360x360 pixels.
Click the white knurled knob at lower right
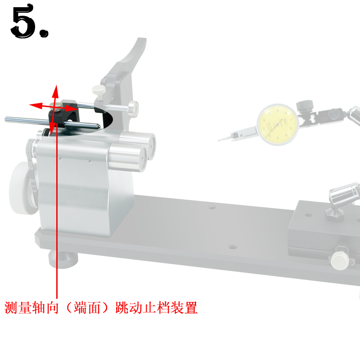coord(339,260)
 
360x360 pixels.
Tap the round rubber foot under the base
coord(63,260)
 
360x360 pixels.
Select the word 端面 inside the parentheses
coord(88,308)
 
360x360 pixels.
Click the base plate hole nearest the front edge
coord(232,247)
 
